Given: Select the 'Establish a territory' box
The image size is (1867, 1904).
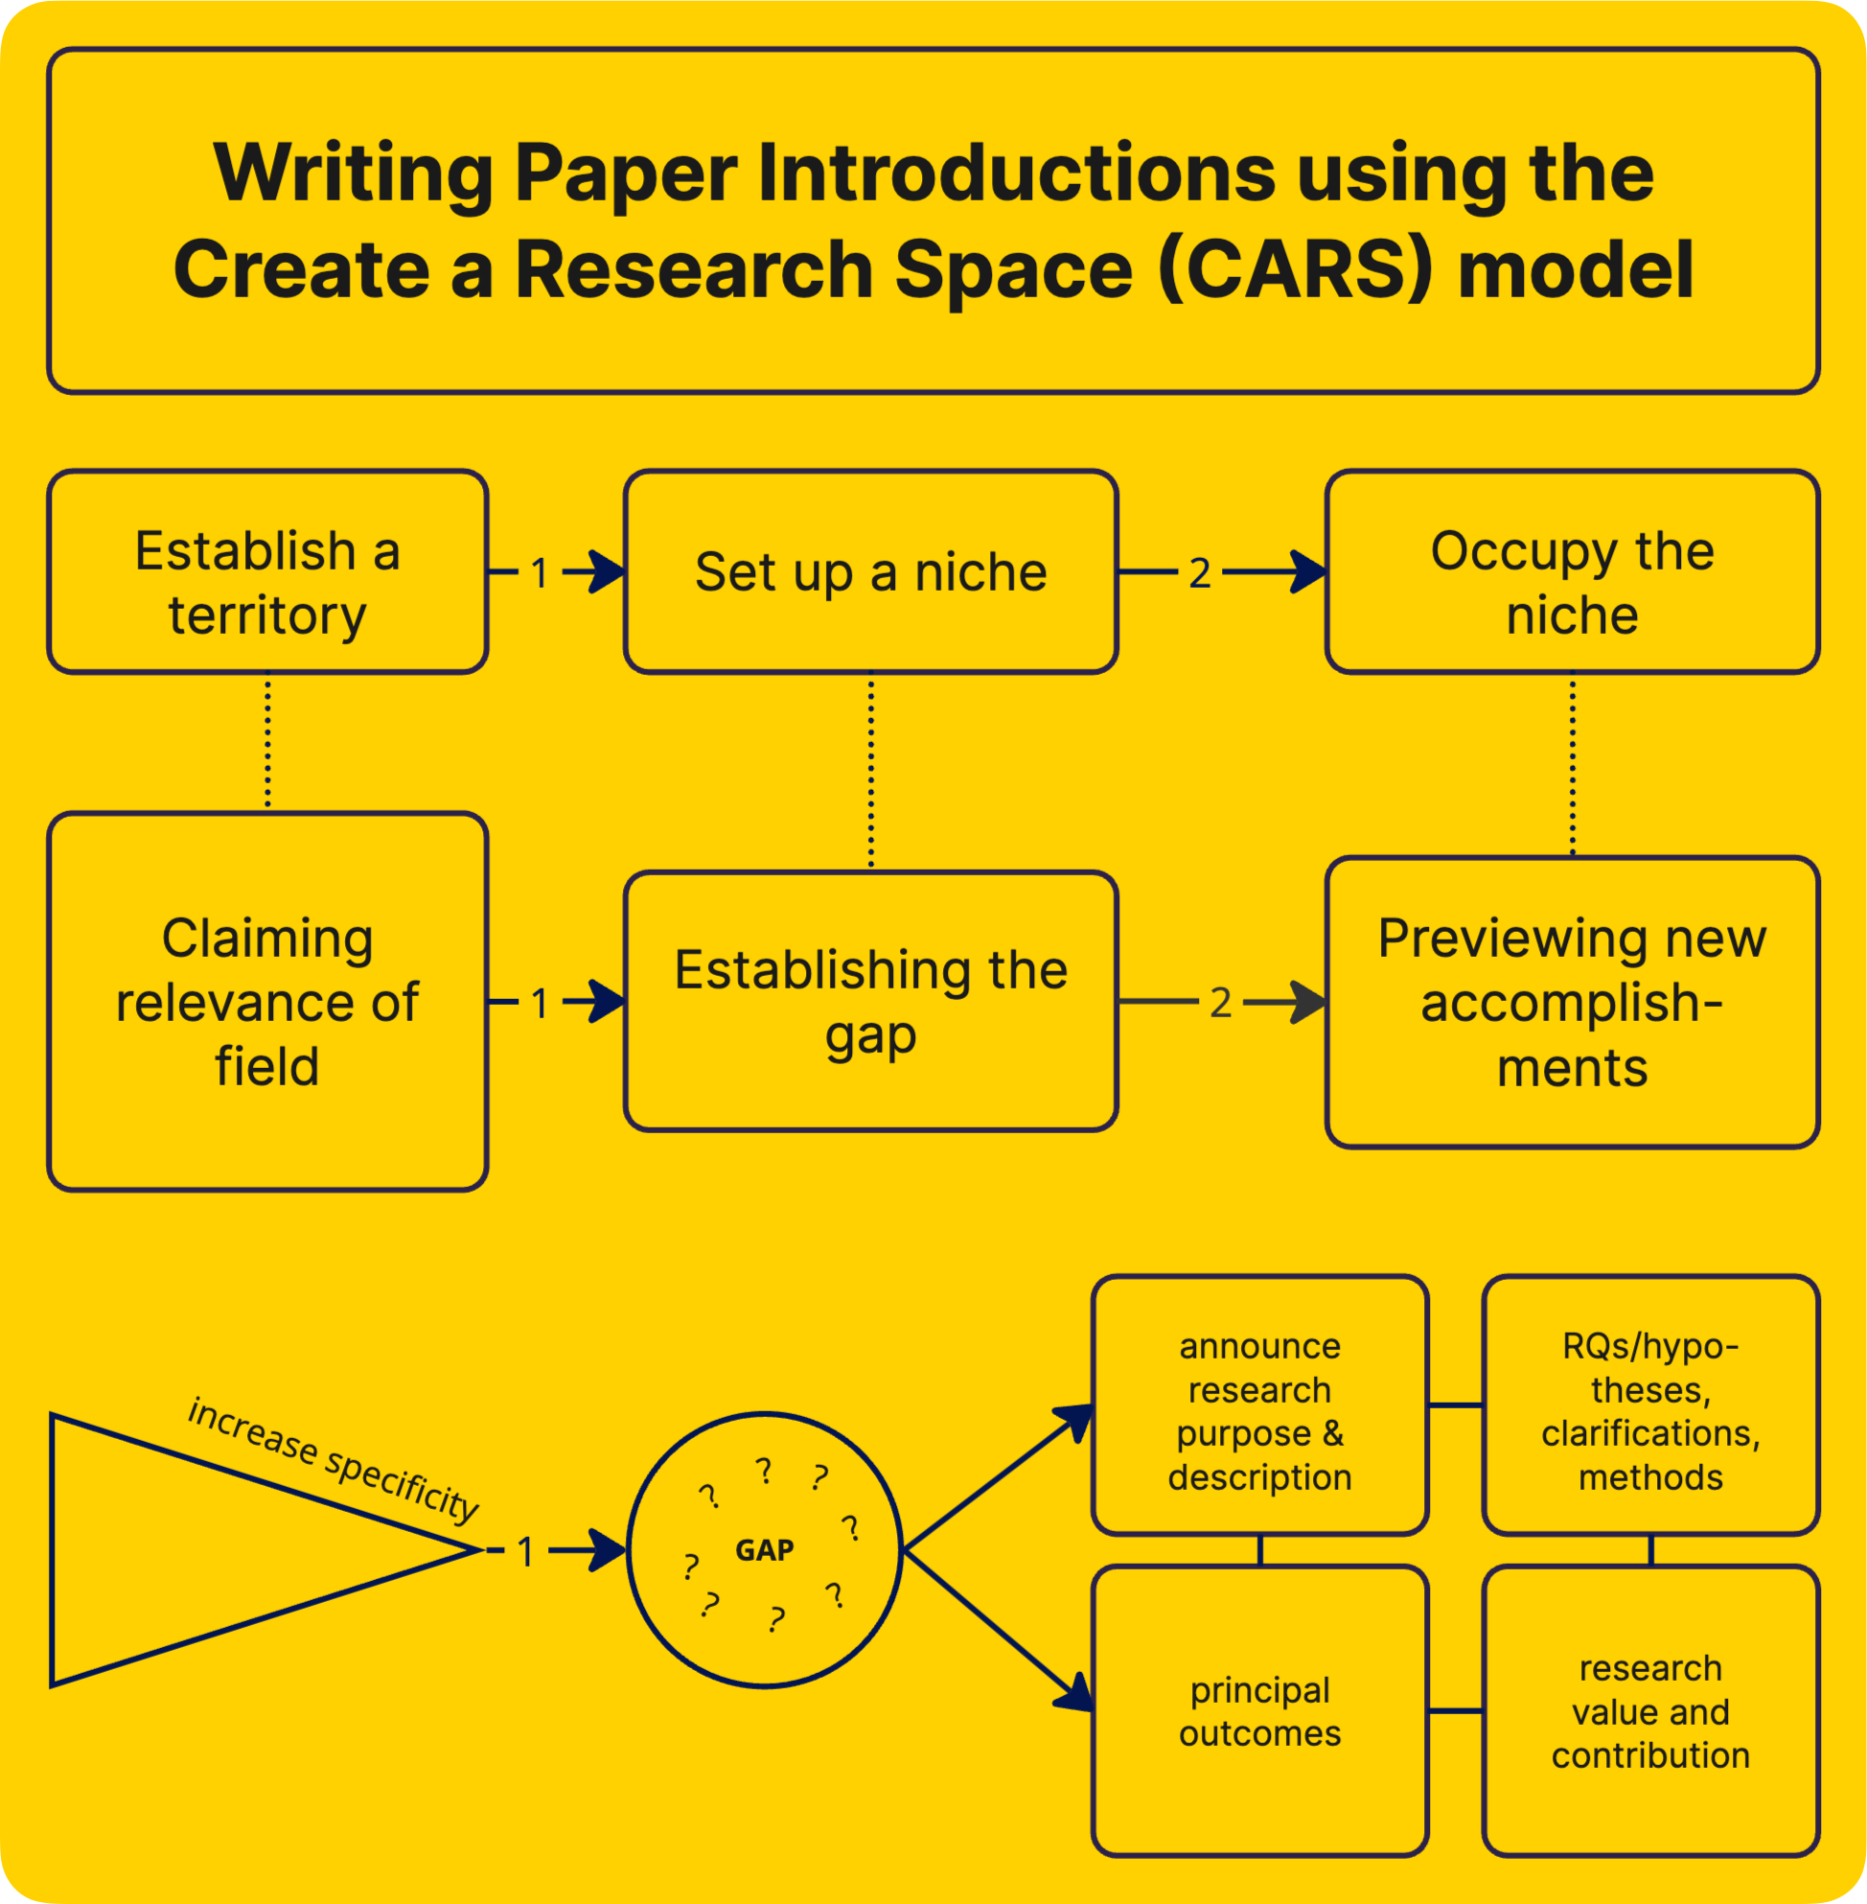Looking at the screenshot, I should pyautogui.click(x=267, y=573).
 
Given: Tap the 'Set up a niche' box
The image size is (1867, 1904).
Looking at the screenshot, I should pyautogui.click(x=871, y=573).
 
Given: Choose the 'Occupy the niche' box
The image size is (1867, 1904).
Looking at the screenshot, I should pyautogui.click(x=1572, y=573).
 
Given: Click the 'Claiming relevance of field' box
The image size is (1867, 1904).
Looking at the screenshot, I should pyautogui.click(x=267, y=1002).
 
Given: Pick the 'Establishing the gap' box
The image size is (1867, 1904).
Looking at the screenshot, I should pyautogui.click(x=871, y=1002).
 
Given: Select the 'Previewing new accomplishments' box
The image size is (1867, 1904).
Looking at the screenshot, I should pyautogui.click(x=1572, y=1002).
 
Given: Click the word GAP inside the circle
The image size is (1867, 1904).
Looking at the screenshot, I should pyautogui.click(x=765, y=1550).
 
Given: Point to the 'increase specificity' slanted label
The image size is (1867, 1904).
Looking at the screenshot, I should pyautogui.click(x=334, y=1459).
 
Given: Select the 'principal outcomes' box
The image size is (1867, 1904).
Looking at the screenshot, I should pyautogui.click(x=1259, y=1710).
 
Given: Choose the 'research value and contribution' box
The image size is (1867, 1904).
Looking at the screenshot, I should pyautogui.click(x=1650, y=1710).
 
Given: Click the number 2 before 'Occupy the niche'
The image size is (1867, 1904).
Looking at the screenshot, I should pyautogui.click(x=1199, y=573).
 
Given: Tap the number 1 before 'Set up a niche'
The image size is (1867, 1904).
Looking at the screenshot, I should pyautogui.click(x=540, y=574).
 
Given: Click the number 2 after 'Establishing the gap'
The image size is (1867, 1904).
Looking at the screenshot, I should pyautogui.click(x=1220, y=1003).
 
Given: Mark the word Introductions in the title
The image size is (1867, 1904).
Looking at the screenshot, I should pyautogui.click(x=1016, y=174).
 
